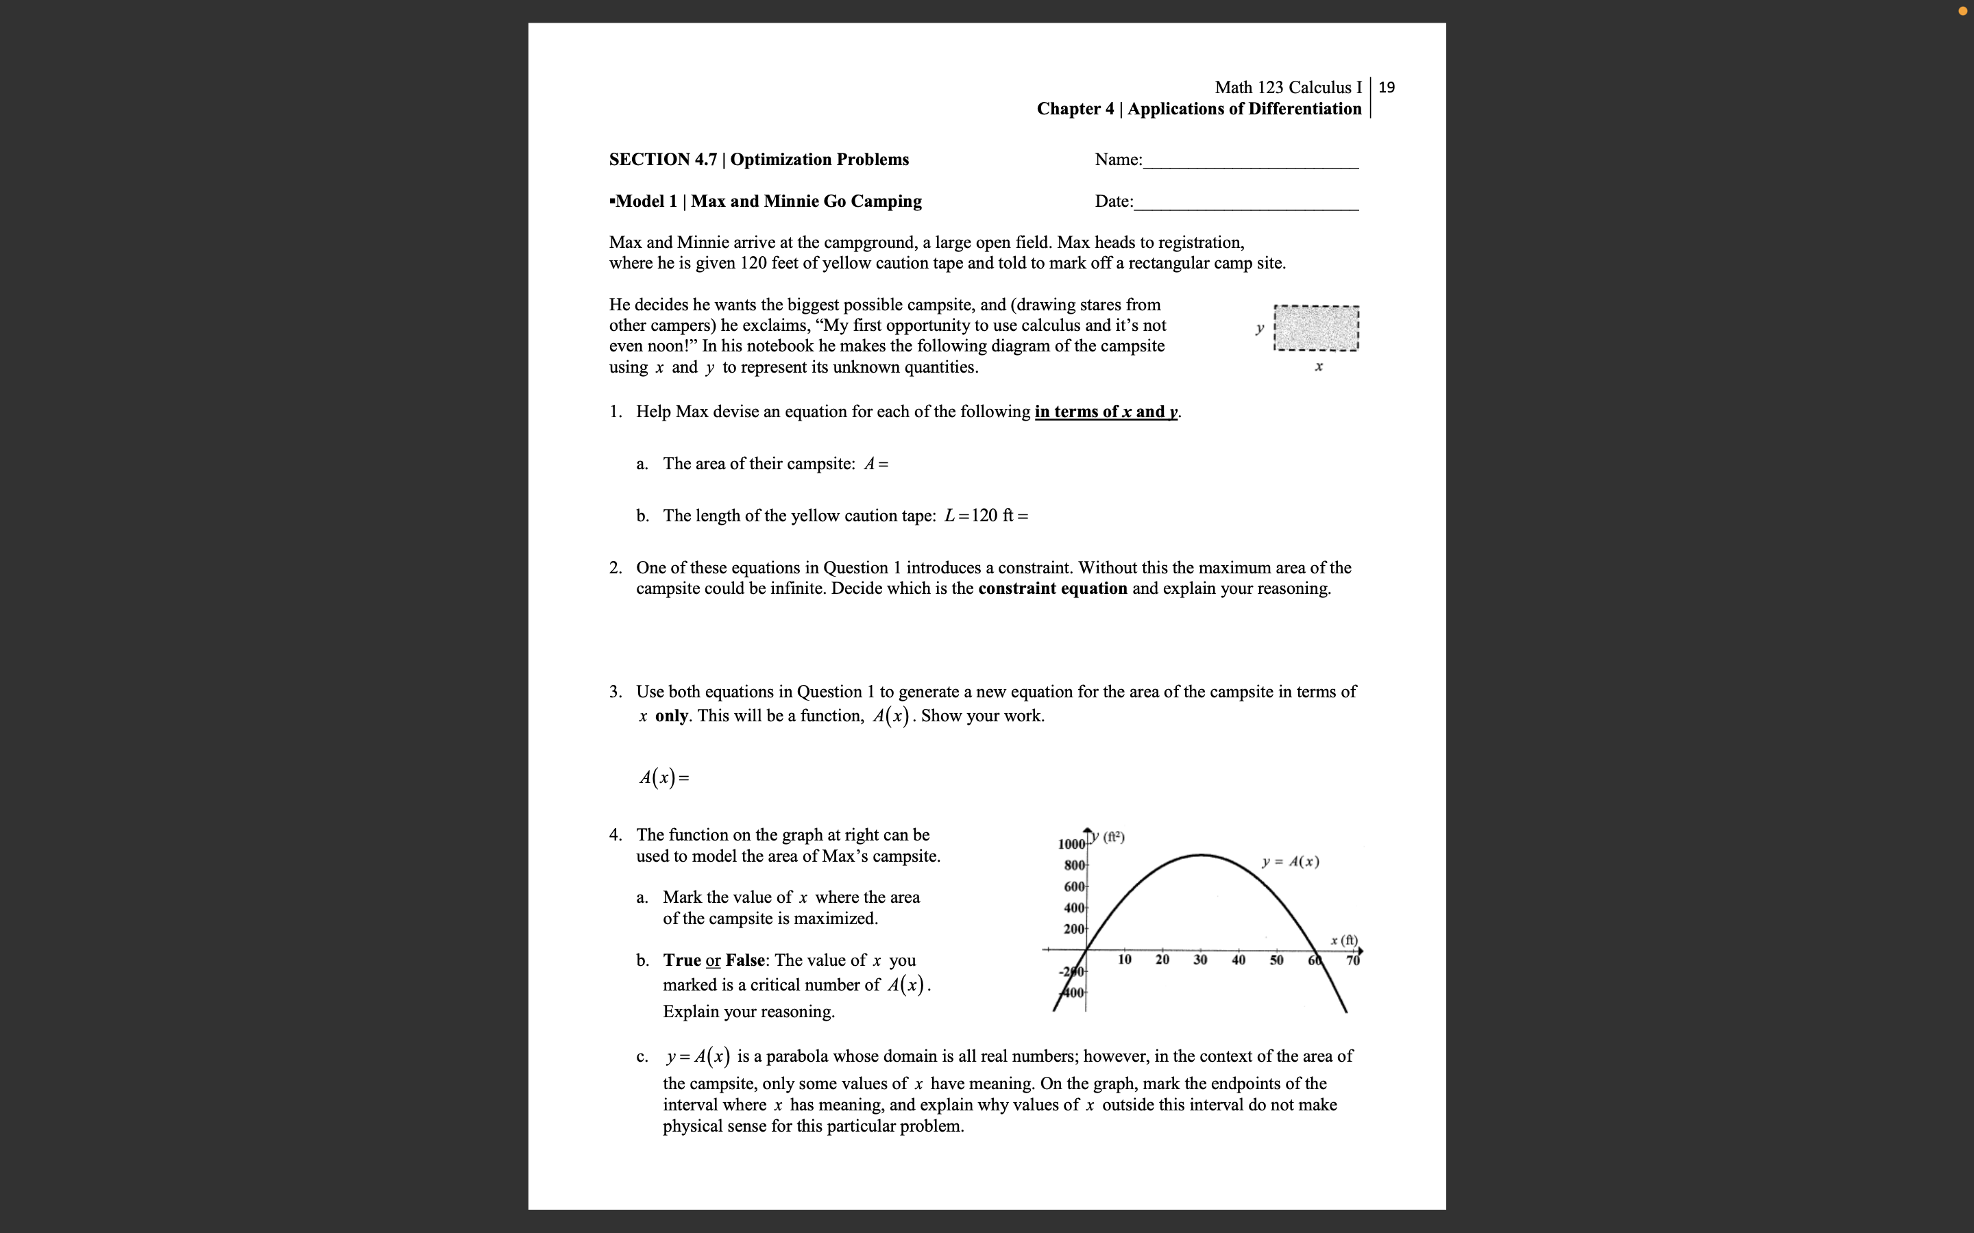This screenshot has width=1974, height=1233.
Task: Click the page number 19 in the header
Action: click(1387, 87)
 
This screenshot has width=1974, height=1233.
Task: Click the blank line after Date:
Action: click(1245, 206)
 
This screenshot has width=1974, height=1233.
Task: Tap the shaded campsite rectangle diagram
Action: click(1316, 329)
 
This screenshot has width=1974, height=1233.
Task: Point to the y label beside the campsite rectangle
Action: click(1259, 328)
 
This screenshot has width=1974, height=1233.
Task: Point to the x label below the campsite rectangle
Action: click(1318, 367)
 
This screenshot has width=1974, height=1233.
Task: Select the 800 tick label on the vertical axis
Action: click(1074, 865)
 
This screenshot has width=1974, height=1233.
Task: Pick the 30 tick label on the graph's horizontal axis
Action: click(1200, 960)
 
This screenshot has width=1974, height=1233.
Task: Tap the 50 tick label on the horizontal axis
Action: click(1276, 960)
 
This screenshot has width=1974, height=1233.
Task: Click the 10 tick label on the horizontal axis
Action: click(1124, 960)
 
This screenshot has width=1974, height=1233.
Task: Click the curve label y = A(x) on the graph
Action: click(1290, 862)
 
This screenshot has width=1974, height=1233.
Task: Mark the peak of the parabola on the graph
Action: click(1201, 855)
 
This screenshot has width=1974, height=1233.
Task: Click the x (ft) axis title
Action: click(1343, 941)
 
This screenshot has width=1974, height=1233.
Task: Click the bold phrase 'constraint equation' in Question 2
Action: click(1052, 589)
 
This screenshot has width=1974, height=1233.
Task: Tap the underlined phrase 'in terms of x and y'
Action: click(1106, 412)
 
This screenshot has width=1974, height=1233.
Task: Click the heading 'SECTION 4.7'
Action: click(662, 160)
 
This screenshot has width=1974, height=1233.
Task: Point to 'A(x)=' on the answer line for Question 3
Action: click(664, 778)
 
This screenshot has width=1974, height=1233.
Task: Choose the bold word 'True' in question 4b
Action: click(682, 960)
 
